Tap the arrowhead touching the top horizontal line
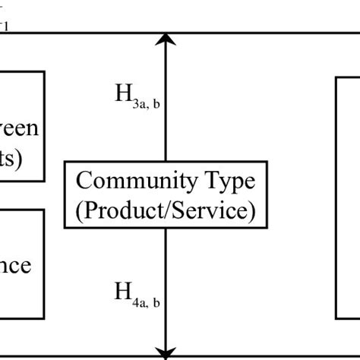[x=166, y=39]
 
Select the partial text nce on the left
[x=15, y=266]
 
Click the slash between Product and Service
[x=169, y=210]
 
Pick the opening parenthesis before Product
[x=81, y=210]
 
